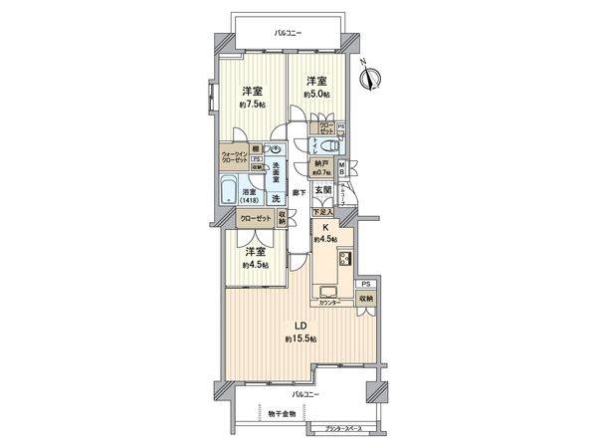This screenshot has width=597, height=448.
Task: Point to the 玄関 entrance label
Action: click(322, 189)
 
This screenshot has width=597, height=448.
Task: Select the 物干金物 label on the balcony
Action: click(293, 413)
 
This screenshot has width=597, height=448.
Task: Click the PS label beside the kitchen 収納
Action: click(367, 284)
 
